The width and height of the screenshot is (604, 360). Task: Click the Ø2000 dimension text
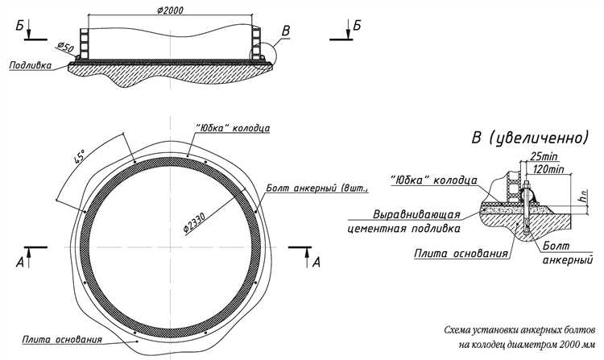click(171, 9)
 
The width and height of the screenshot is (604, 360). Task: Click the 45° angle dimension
click(81, 158)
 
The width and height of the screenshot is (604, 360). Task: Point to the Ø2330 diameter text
click(196, 216)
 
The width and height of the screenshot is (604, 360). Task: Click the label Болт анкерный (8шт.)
click(316, 189)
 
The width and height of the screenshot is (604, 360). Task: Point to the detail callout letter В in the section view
click(284, 33)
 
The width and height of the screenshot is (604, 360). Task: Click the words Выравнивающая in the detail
click(416, 216)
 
